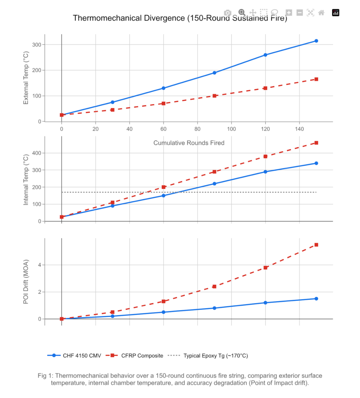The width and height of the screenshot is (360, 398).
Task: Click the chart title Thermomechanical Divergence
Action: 180,18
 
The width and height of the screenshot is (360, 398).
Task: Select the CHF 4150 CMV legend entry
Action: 74,355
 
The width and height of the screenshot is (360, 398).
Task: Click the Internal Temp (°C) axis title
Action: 26,180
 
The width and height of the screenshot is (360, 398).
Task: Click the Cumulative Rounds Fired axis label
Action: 189,143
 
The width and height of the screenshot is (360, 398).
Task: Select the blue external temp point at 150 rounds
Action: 316,41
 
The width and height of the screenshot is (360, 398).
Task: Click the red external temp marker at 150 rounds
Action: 316,79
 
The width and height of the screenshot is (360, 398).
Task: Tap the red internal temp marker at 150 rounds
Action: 316,143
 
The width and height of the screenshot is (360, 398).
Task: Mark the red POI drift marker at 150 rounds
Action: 316,245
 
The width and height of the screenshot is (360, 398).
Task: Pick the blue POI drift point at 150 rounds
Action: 316,298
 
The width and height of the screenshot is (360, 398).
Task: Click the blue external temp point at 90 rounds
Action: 214,73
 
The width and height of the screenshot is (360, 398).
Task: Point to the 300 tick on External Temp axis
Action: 37,45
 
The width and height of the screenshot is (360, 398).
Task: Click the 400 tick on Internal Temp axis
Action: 37,153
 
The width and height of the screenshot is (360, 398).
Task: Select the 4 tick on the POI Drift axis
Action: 39,265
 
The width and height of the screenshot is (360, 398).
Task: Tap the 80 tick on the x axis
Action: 197,129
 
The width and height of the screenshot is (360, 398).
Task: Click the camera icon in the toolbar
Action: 228,12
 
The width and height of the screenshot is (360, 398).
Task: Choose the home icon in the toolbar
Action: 321,12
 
